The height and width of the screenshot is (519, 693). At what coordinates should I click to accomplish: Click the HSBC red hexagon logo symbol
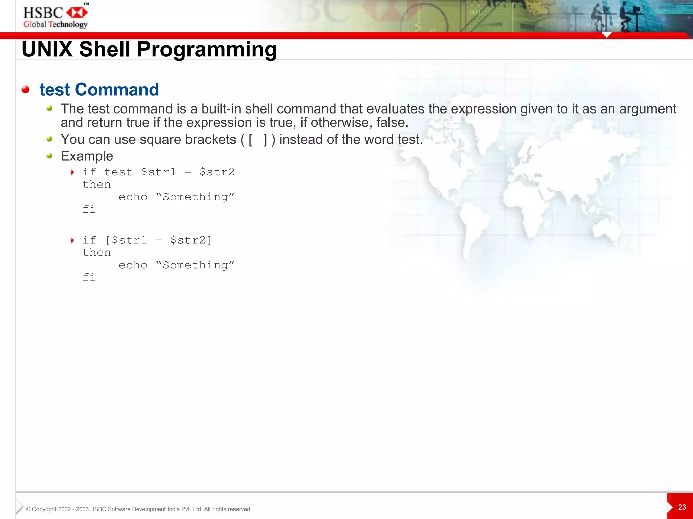point(77,13)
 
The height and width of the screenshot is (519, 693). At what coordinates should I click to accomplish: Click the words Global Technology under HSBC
point(55,24)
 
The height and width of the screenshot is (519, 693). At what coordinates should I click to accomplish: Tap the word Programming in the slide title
point(207,49)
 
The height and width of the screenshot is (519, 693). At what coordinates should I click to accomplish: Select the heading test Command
point(99,90)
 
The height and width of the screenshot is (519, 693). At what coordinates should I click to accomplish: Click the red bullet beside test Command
point(25,90)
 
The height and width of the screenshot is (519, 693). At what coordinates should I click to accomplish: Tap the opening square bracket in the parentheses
point(250,140)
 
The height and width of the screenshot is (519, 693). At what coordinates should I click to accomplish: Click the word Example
point(87,156)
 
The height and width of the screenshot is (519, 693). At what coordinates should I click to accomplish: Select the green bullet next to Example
point(50,156)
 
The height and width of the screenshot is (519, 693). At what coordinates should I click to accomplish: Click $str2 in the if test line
point(217,172)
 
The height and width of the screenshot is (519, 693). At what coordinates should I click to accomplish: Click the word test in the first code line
point(118,172)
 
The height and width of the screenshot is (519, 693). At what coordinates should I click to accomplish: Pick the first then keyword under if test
point(96,184)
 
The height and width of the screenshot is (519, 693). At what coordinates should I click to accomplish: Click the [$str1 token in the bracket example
point(126,240)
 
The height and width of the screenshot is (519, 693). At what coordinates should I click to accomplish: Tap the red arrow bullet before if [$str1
point(72,240)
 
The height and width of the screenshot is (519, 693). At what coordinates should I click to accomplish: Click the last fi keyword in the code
point(89,277)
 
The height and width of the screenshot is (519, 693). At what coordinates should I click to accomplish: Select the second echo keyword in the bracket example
point(133,265)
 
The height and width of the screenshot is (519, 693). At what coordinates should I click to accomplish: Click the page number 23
point(682,507)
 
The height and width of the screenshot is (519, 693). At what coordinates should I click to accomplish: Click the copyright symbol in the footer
point(28,509)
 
